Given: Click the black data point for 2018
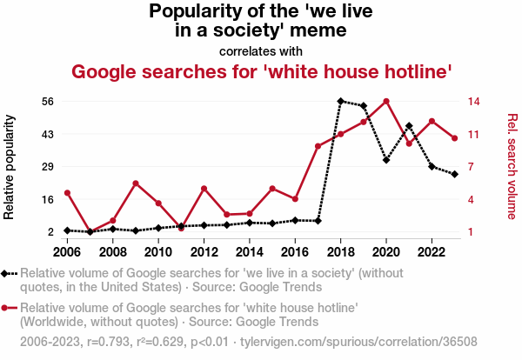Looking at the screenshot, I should pyautogui.click(x=341, y=101).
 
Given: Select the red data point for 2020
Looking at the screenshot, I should pyautogui.click(x=386, y=102).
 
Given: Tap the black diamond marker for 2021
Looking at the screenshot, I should pyautogui.click(x=409, y=126).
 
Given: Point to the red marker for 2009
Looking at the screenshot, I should pyautogui.click(x=136, y=183).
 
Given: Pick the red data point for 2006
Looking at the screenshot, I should pyautogui.click(x=67, y=193).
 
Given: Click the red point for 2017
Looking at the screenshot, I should pyautogui.click(x=318, y=146).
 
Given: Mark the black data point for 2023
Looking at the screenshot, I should pyautogui.click(x=454, y=175).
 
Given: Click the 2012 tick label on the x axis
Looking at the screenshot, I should pyautogui.click(x=204, y=252).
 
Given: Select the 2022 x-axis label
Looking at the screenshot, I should pyautogui.click(x=431, y=252).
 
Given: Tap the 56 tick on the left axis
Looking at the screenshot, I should pyautogui.click(x=49, y=101).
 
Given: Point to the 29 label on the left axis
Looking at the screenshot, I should pyautogui.click(x=49, y=166).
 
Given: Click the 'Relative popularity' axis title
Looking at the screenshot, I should pyautogui.click(x=11, y=166).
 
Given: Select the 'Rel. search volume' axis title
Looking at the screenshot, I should pyautogui.click(x=512, y=166).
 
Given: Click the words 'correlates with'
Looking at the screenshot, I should pyautogui.click(x=261, y=51).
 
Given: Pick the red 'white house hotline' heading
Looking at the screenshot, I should pyautogui.click(x=261, y=71).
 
